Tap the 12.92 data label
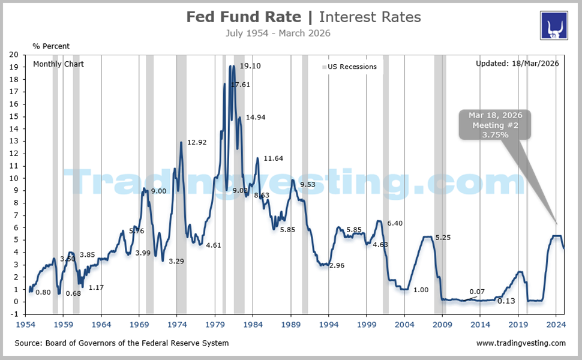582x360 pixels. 197,143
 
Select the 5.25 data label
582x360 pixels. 443,238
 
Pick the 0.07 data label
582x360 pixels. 478,291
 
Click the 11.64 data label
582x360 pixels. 273,158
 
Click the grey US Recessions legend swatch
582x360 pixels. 325,67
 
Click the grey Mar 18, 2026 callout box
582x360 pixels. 494,125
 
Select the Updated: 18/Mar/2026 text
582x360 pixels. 517,64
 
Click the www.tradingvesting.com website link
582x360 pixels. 521,343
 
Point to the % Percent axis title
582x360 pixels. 51,46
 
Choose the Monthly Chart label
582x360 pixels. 58,64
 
